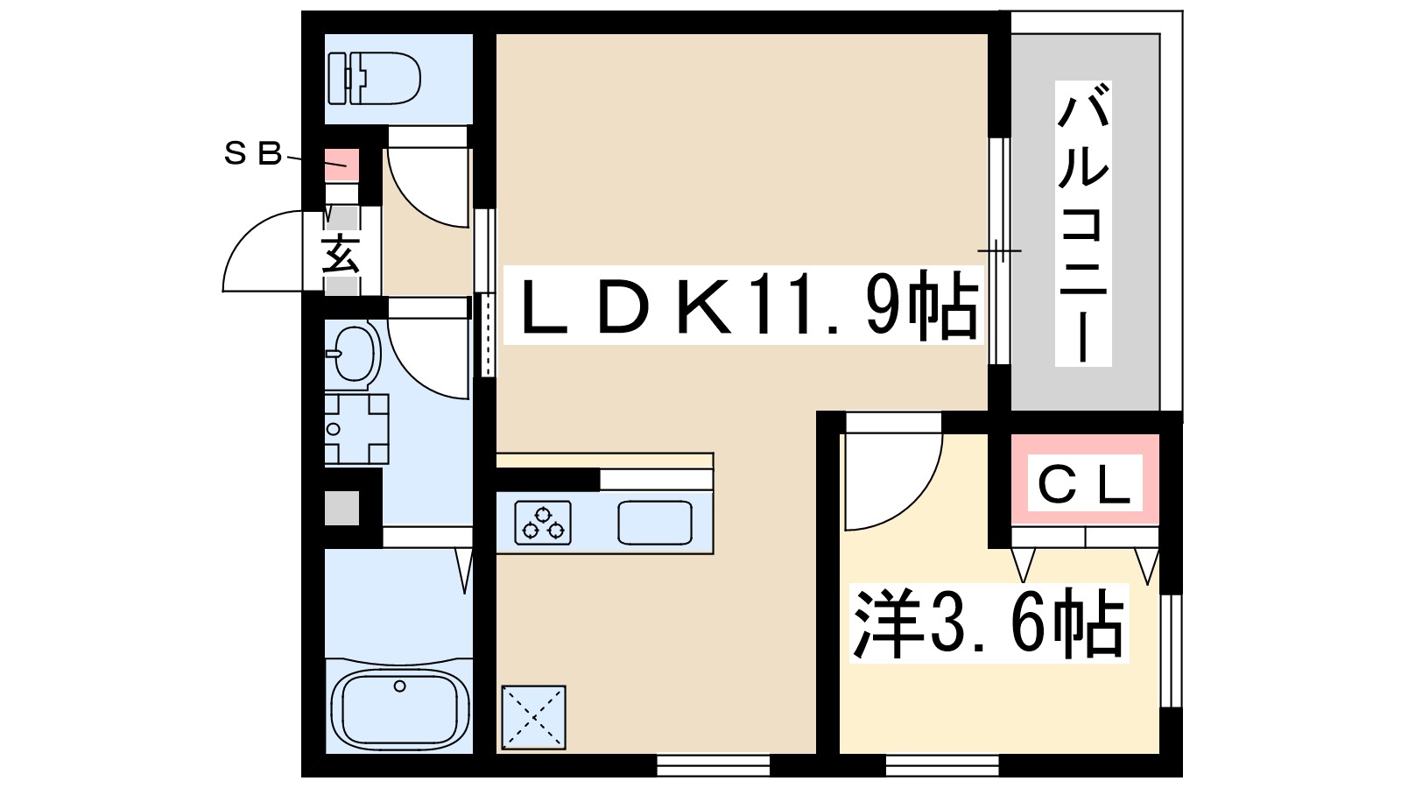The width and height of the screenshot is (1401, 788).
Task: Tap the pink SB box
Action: [x=342, y=163]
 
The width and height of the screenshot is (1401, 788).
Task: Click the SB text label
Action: [x=253, y=155]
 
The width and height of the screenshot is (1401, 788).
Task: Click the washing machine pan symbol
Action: [x=356, y=428]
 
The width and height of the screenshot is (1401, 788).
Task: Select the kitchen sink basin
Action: [x=654, y=523]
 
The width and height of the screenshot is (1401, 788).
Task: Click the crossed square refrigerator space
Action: [x=533, y=717]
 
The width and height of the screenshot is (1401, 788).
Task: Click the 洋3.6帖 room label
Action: [x=988, y=623]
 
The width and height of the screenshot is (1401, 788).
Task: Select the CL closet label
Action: [x=1085, y=484]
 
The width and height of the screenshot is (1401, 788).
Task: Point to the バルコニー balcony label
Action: [x=1082, y=223]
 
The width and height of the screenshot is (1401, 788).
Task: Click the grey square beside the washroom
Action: [x=341, y=508]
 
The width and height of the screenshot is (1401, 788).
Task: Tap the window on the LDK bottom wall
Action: [x=713, y=766]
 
